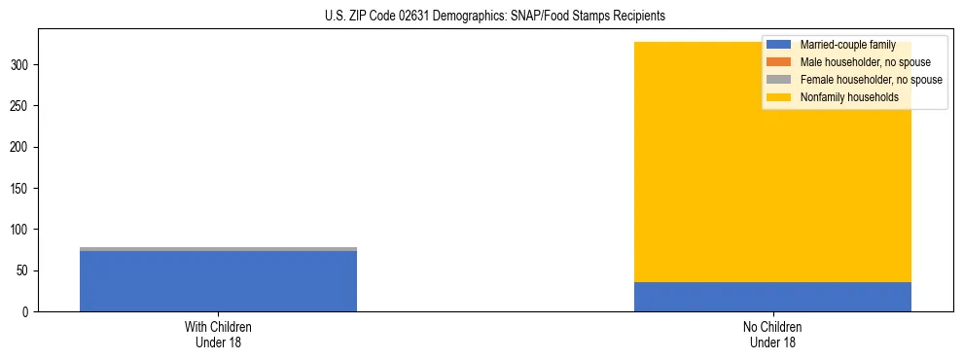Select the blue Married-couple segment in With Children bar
point(218,281)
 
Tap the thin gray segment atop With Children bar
point(218,249)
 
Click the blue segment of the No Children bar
point(772,297)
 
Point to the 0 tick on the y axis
point(27,311)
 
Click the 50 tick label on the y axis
point(24,270)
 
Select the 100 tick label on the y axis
point(21,230)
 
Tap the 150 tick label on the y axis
point(21,188)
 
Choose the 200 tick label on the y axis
point(21,147)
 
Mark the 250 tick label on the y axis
point(21,106)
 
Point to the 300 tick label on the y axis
point(21,65)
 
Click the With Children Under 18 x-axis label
point(218,334)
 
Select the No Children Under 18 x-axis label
point(772,334)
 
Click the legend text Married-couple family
point(847,45)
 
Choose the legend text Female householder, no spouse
point(871,80)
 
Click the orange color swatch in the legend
point(779,62)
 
